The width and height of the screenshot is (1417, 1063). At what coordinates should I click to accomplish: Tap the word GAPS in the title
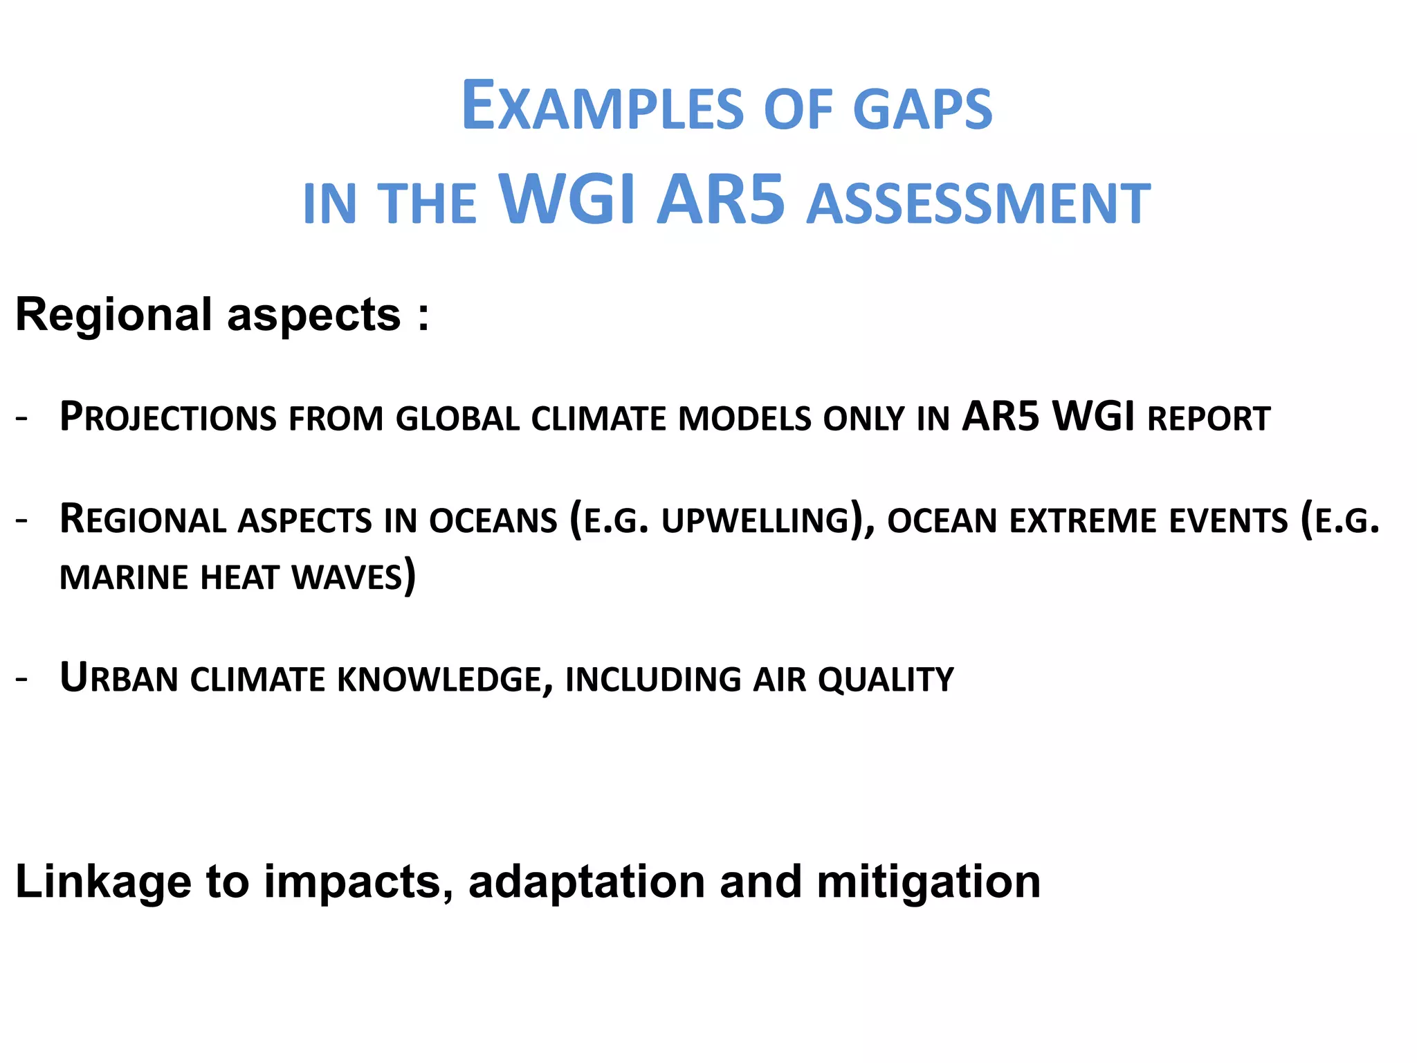(x=922, y=109)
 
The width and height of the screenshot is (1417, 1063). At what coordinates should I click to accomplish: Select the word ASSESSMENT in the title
(x=978, y=204)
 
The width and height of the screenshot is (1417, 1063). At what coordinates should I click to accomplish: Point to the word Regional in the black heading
(x=113, y=315)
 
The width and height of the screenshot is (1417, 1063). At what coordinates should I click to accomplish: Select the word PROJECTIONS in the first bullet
(x=168, y=418)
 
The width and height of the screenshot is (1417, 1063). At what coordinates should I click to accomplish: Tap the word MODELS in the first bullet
(x=745, y=419)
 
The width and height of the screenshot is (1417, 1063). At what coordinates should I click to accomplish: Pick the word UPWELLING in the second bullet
(x=756, y=521)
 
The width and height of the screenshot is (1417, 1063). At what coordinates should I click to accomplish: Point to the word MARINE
(x=123, y=578)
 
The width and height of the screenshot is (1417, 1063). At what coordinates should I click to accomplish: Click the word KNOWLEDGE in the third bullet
(x=440, y=680)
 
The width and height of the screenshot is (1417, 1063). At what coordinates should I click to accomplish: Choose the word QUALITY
(x=886, y=680)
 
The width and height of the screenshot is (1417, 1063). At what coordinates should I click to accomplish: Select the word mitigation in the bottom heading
(x=929, y=882)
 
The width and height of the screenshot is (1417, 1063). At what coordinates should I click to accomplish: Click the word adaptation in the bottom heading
(x=587, y=882)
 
